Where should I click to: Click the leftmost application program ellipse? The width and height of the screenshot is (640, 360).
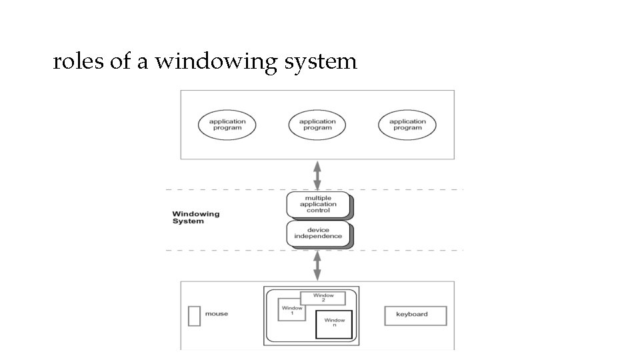[x=227, y=125]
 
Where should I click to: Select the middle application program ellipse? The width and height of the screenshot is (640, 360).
[x=317, y=125]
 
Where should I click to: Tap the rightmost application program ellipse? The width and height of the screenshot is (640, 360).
[x=407, y=125]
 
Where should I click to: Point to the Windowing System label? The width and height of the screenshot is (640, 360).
[x=196, y=217]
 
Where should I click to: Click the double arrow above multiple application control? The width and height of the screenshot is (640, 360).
[x=317, y=175]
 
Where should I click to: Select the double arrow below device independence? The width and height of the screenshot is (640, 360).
[x=317, y=265]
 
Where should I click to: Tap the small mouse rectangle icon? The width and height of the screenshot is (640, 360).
[x=194, y=315]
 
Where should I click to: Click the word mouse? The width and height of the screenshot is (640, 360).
[x=217, y=314]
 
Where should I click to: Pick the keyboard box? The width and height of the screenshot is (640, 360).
[x=415, y=315]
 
